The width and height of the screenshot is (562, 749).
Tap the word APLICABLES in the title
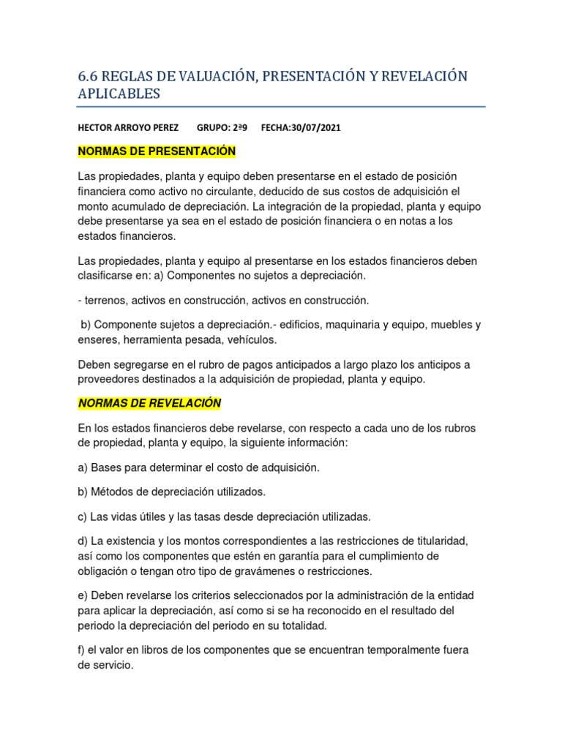point(119,94)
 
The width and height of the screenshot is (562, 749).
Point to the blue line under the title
point(281,107)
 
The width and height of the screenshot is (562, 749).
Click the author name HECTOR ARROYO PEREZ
point(128,127)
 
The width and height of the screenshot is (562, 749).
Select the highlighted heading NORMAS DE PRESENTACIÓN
point(157,151)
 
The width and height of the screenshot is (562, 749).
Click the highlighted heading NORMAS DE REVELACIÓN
point(149,403)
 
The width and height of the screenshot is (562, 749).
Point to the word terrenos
point(106,300)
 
